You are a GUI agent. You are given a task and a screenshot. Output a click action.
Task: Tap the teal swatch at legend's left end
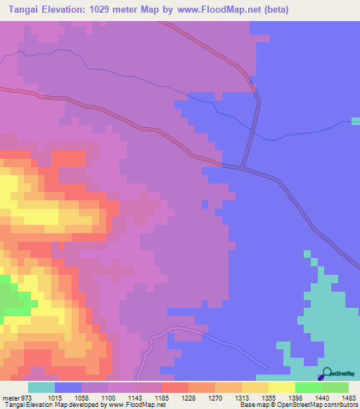click(x=41, y=387)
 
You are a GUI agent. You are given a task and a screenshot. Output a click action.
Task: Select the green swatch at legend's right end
click(x=335, y=387)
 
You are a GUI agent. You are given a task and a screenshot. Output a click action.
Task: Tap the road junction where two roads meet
click(x=243, y=167)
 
